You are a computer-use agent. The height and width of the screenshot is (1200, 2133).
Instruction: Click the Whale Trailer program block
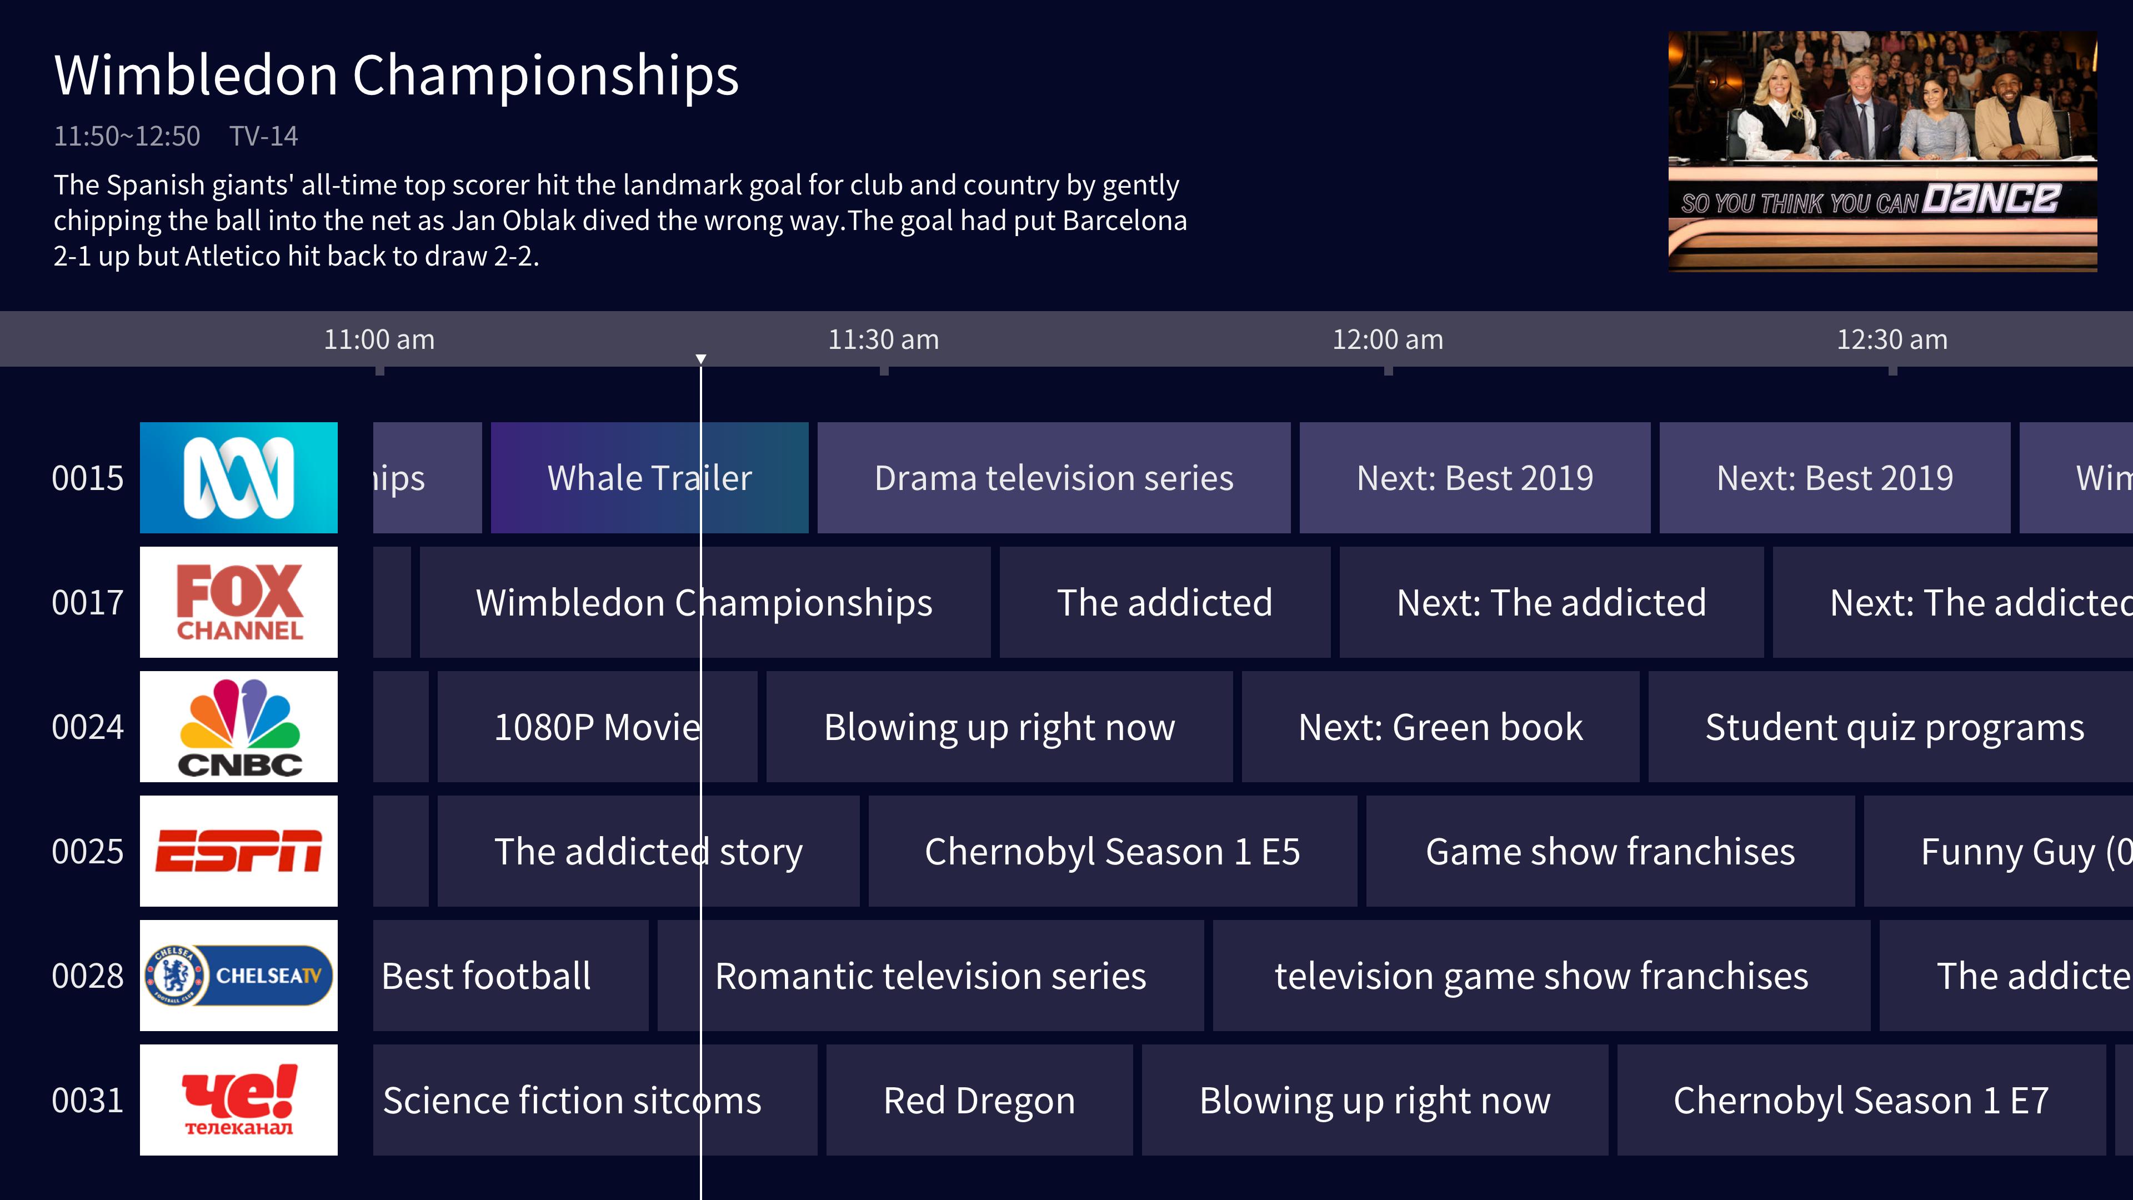coord(649,478)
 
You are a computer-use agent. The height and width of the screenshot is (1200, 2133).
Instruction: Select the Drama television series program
coord(1053,478)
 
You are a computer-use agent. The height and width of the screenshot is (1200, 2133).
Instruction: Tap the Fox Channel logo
coord(238,602)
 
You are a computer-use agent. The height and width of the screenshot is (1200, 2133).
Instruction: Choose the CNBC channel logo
coord(238,726)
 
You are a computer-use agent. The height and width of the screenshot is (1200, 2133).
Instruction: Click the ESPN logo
coord(238,851)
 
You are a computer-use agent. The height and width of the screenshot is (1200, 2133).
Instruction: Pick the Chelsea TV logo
coord(238,976)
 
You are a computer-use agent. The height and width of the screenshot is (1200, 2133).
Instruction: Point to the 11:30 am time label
coord(884,339)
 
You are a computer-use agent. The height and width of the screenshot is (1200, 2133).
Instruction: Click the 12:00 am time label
coord(1388,339)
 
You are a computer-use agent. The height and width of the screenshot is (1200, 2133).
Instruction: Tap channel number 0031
coord(88,1101)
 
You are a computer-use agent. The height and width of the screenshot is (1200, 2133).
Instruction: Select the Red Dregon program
coord(979,1100)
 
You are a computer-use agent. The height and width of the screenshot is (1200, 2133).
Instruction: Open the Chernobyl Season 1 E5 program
coord(1113,851)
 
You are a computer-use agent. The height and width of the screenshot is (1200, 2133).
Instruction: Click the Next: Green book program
coord(1441,726)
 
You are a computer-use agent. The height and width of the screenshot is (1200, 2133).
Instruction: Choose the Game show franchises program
coord(1610,851)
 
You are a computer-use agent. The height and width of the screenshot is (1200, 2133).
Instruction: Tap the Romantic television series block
coord(931,976)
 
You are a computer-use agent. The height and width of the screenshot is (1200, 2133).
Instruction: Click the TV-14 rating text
coord(263,136)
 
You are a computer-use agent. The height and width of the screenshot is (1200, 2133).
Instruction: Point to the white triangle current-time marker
coord(700,358)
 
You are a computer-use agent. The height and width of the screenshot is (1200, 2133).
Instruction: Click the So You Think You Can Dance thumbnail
coord(1882,152)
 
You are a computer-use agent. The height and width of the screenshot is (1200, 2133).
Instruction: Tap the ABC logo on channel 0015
coord(238,478)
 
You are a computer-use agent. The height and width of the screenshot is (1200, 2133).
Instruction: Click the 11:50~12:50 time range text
coord(127,136)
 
